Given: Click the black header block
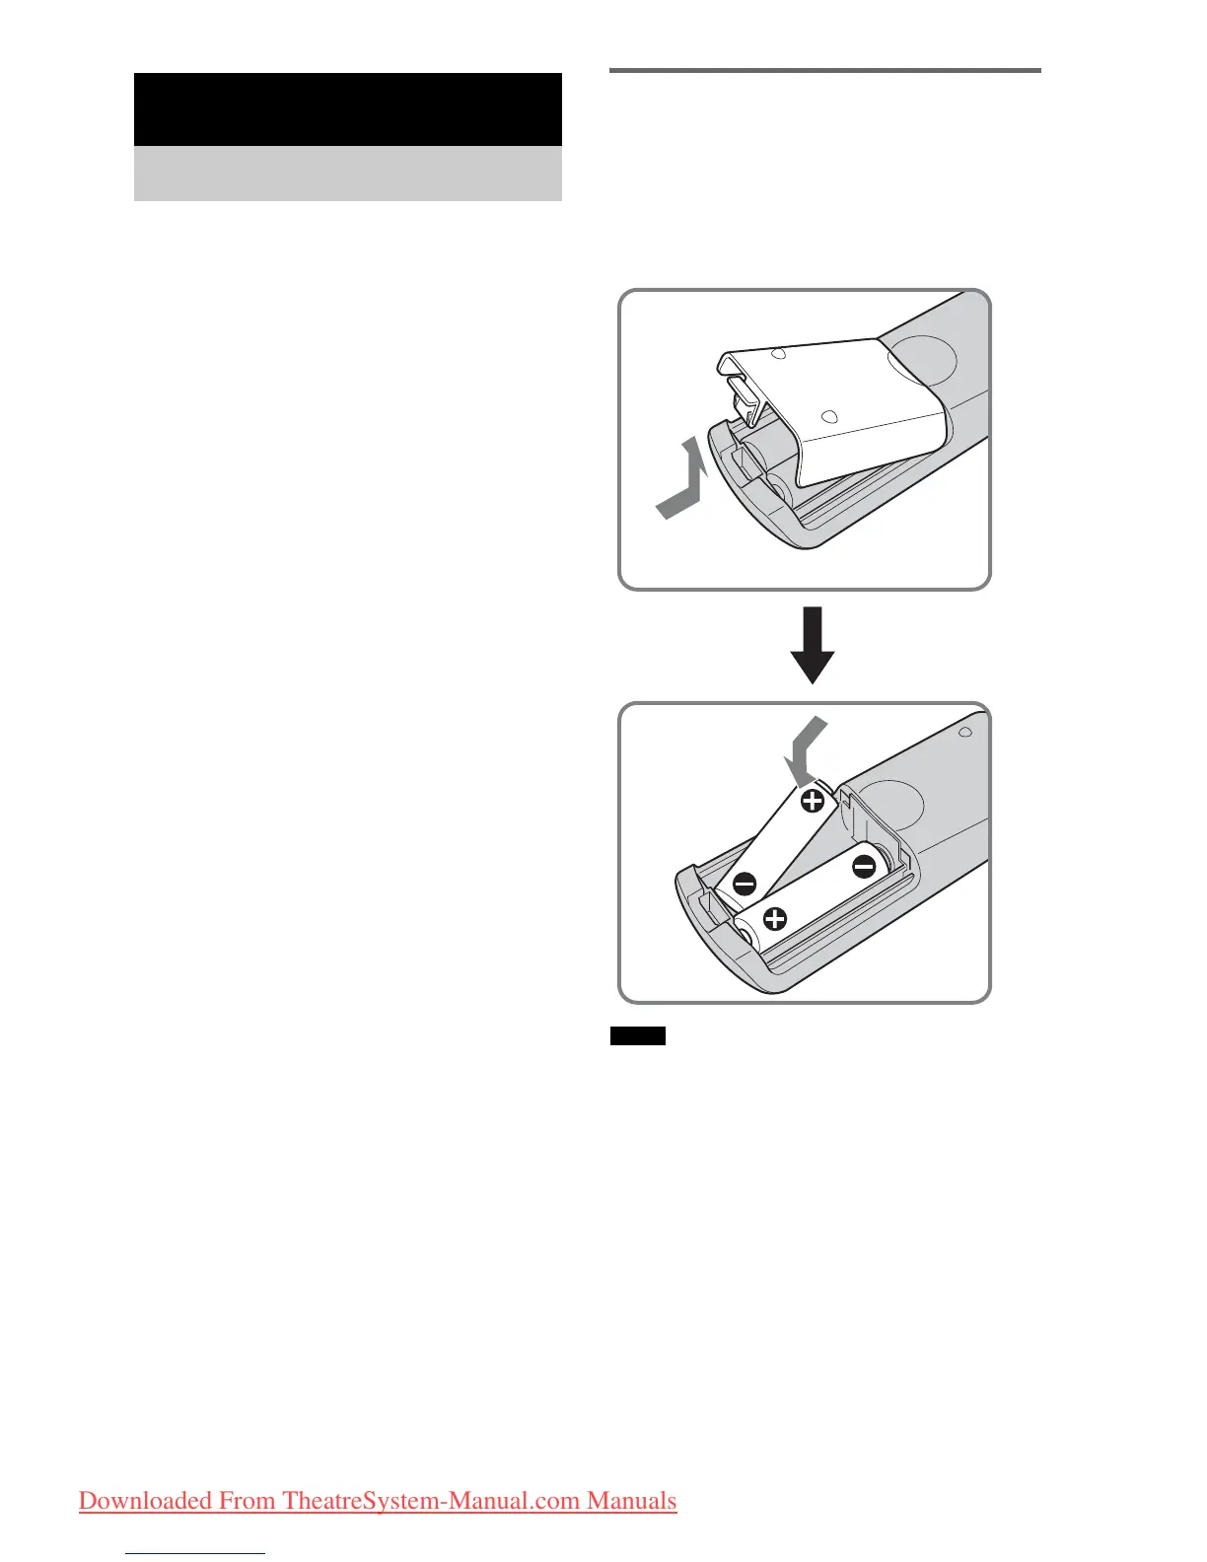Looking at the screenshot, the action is click(x=347, y=108).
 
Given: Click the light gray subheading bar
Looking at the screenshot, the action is click(x=347, y=174).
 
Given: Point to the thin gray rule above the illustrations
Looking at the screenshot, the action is click(x=825, y=70).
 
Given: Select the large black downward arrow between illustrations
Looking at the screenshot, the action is click(x=813, y=646).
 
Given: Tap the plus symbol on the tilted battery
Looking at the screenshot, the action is click(x=812, y=801).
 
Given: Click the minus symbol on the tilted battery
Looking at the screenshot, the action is click(x=745, y=883).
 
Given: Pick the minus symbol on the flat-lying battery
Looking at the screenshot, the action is click(x=864, y=867).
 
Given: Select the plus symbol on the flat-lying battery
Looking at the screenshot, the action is click(x=775, y=920).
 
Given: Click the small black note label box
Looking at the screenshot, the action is click(x=637, y=1035).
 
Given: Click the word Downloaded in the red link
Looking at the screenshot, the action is click(x=145, y=1501).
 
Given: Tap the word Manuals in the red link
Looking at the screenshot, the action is click(x=631, y=1501).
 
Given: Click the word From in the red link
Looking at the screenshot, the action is click(x=247, y=1501).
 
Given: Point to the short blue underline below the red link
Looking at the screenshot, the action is click(x=195, y=1553).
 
